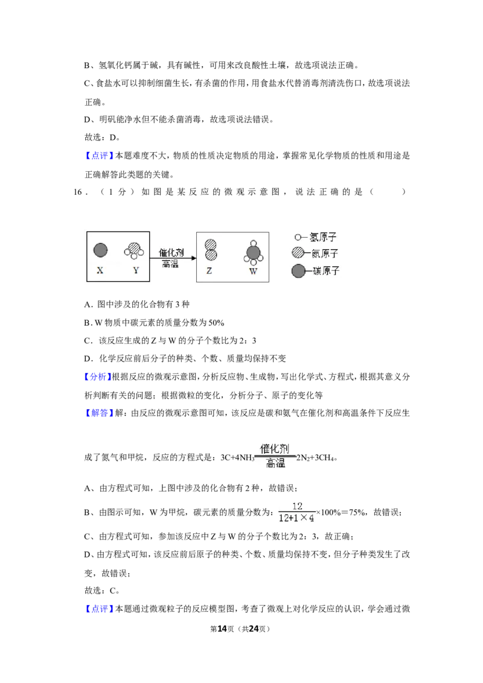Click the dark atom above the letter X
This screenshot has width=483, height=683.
pyautogui.click(x=101, y=250)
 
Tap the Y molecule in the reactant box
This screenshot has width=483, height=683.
pyautogui.click(x=134, y=250)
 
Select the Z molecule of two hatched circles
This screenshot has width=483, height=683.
pyautogui.click(x=211, y=250)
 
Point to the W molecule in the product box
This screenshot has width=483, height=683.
pyautogui.click(x=253, y=252)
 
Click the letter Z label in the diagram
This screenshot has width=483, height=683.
pyautogui.click(x=210, y=271)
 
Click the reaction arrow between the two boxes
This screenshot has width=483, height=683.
pyautogui.click(x=173, y=258)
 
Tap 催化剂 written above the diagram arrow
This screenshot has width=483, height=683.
pyautogui.click(x=171, y=252)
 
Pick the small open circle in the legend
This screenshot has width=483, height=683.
pyautogui.click(x=298, y=237)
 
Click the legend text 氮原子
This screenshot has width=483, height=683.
pyautogui.click(x=325, y=253)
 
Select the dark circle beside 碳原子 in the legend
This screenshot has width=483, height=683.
pyautogui.click(x=299, y=271)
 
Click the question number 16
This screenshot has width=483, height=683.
pyautogui.click(x=78, y=192)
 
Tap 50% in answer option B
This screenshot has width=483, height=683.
pyautogui.click(x=216, y=323)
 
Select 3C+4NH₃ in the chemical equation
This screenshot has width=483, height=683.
pyautogui.click(x=237, y=458)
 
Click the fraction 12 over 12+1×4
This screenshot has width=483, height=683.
pyautogui.click(x=297, y=512)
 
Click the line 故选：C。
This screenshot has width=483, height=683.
pyautogui.click(x=102, y=591)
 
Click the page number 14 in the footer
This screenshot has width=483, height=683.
pyautogui.click(x=222, y=629)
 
